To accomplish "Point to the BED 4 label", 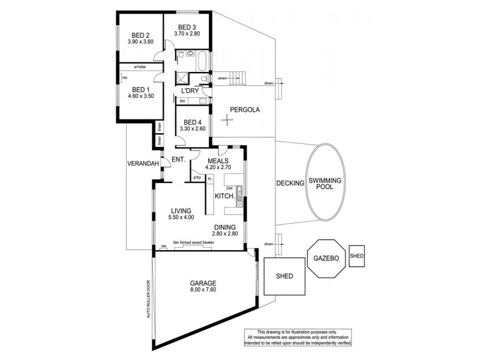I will [x=192, y=122].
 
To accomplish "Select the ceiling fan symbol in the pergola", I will [x=228, y=121].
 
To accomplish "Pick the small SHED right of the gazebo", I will [x=357, y=256].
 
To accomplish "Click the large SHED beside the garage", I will [x=284, y=276].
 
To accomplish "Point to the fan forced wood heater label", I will [x=194, y=242].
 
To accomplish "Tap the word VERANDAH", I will [x=143, y=164].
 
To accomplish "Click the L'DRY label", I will [x=190, y=91].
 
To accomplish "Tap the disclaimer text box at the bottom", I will [x=297, y=337].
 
